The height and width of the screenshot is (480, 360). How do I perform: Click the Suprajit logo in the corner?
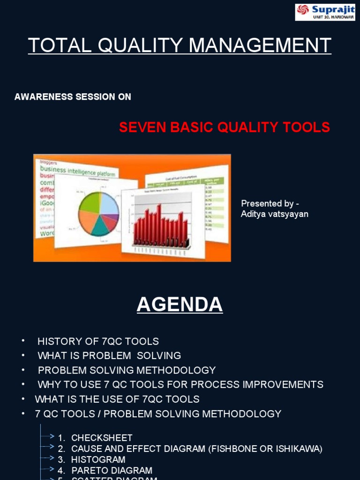(325, 12)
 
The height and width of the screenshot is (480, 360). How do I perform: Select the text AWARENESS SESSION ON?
(73, 97)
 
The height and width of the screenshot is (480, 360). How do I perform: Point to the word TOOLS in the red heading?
(307, 127)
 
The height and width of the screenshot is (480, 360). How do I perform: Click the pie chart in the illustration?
(98, 213)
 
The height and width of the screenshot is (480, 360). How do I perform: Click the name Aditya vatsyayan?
(274, 214)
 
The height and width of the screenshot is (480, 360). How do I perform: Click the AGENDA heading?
(180, 305)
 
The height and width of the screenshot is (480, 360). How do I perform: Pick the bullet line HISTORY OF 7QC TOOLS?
(98, 341)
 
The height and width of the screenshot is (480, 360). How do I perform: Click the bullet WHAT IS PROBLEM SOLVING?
(109, 356)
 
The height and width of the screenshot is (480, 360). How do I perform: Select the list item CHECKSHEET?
(102, 438)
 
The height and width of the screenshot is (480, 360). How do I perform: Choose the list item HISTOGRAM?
(98, 460)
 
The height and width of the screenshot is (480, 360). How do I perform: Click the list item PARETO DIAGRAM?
(112, 471)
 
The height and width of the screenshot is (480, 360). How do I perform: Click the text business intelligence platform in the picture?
(77, 170)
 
